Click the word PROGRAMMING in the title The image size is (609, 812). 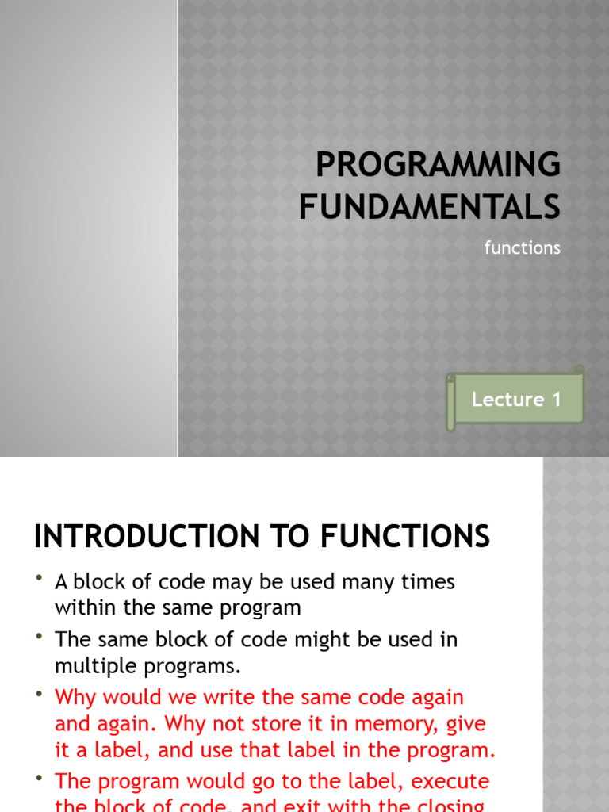tap(438, 165)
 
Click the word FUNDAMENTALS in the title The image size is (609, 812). tap(429, 207)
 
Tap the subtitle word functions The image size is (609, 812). tap(522, 248)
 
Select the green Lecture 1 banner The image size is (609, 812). tap(515, 400)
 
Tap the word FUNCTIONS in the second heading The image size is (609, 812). tap(405, 537)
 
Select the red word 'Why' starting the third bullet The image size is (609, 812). tap(76, 698)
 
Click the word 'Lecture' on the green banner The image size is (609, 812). tap(507, 400)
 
